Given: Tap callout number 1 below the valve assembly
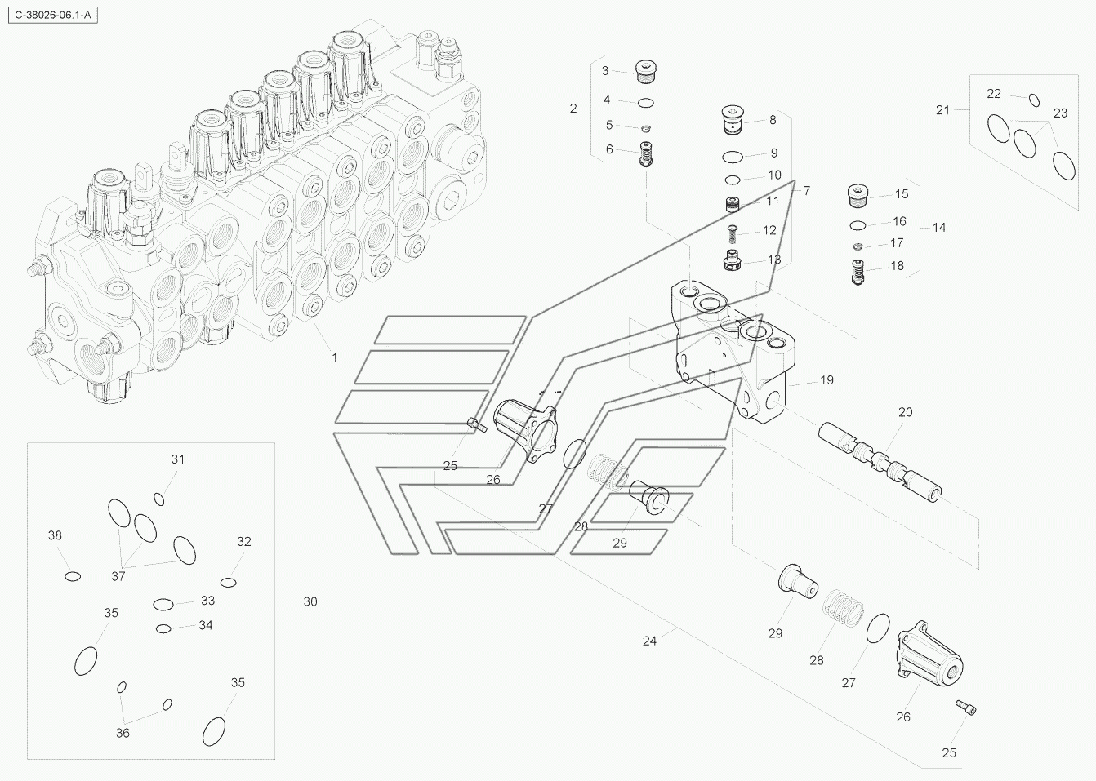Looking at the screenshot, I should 334,357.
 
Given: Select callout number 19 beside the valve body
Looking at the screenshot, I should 826,380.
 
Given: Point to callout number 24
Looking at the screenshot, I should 649,641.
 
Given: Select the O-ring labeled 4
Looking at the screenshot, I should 645,103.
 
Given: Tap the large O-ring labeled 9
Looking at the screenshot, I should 733,156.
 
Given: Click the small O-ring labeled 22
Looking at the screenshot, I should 1034,100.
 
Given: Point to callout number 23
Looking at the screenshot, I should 1059,113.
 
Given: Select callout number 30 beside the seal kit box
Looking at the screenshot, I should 310,602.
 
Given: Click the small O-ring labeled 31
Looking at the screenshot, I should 160,499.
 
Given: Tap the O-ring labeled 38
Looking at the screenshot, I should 73,576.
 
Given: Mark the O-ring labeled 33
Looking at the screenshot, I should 163,605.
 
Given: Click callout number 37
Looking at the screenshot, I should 118,576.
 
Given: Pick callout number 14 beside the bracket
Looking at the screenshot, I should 939,228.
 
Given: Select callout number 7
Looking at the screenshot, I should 806,191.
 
